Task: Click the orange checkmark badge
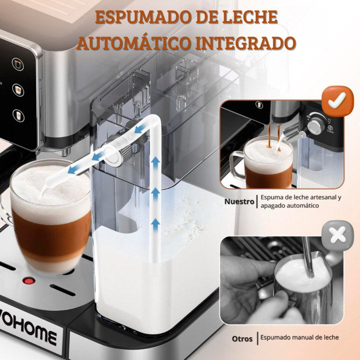(337, 100)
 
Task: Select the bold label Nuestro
(239, 201)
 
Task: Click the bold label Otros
(242, 338)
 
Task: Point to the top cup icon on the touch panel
(18, 64)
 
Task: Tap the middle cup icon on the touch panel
(18, 90)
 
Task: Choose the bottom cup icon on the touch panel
(18, 115)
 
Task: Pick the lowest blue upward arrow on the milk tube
(155, 224)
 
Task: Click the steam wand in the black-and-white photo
(308, 256)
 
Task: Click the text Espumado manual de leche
(299, 337)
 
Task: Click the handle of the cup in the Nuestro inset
(237, 164)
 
